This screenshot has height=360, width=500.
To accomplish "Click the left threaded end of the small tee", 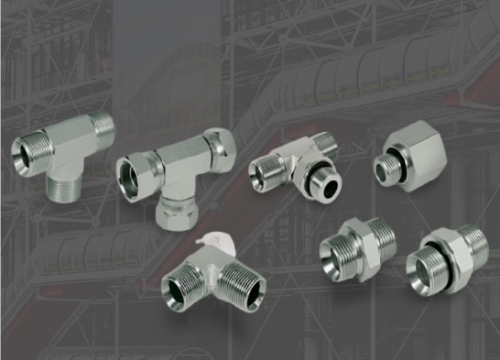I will click(x=265, y=170).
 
